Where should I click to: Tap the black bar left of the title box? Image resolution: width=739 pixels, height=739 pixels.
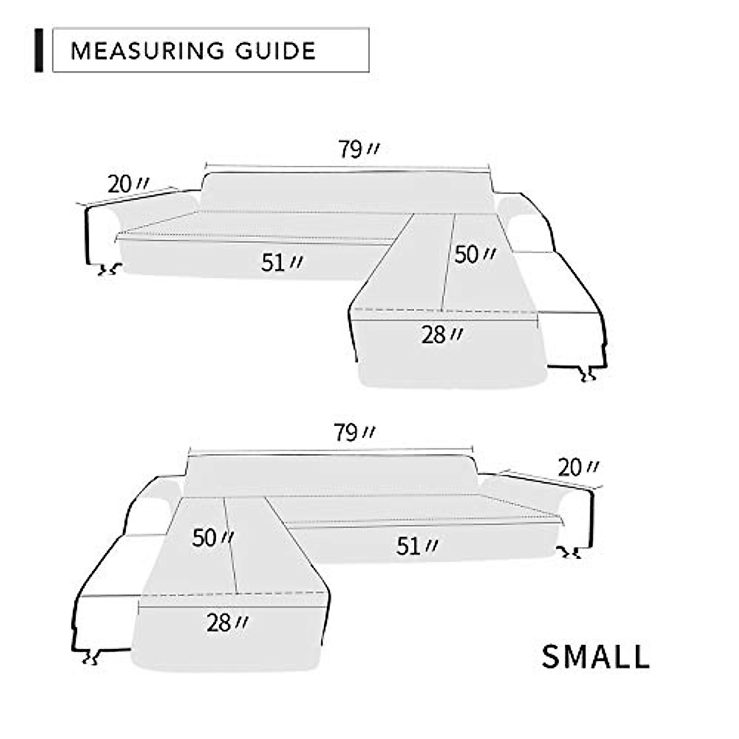[39, 50]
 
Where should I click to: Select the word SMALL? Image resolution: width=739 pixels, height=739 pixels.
[596, 656]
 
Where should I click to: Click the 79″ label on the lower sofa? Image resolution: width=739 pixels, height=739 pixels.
[354, 433]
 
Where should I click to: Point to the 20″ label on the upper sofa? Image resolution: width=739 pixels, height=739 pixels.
[127, 184]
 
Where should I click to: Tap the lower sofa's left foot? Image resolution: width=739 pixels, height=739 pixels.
[92, 656]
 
